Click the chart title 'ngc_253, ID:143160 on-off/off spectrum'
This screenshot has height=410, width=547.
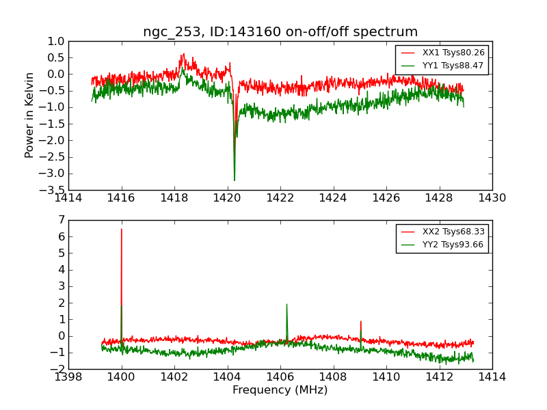click(280, 32)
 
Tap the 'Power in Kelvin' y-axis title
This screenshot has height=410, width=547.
click(29, 115)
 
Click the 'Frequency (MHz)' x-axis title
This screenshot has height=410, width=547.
click(280, 390)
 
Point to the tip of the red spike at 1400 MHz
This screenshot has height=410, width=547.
click(122, 229)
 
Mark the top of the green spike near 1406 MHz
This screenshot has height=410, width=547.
click(286, 304)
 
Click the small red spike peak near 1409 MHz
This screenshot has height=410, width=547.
click(361, 321)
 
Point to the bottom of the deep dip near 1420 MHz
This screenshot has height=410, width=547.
click(235, 180)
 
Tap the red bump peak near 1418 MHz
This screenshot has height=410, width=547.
click(183, 54)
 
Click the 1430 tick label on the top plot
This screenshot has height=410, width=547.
click(492, 198)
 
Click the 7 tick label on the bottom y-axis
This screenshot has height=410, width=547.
click(62, 220)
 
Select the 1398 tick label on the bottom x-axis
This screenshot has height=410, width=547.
click(68, 377)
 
